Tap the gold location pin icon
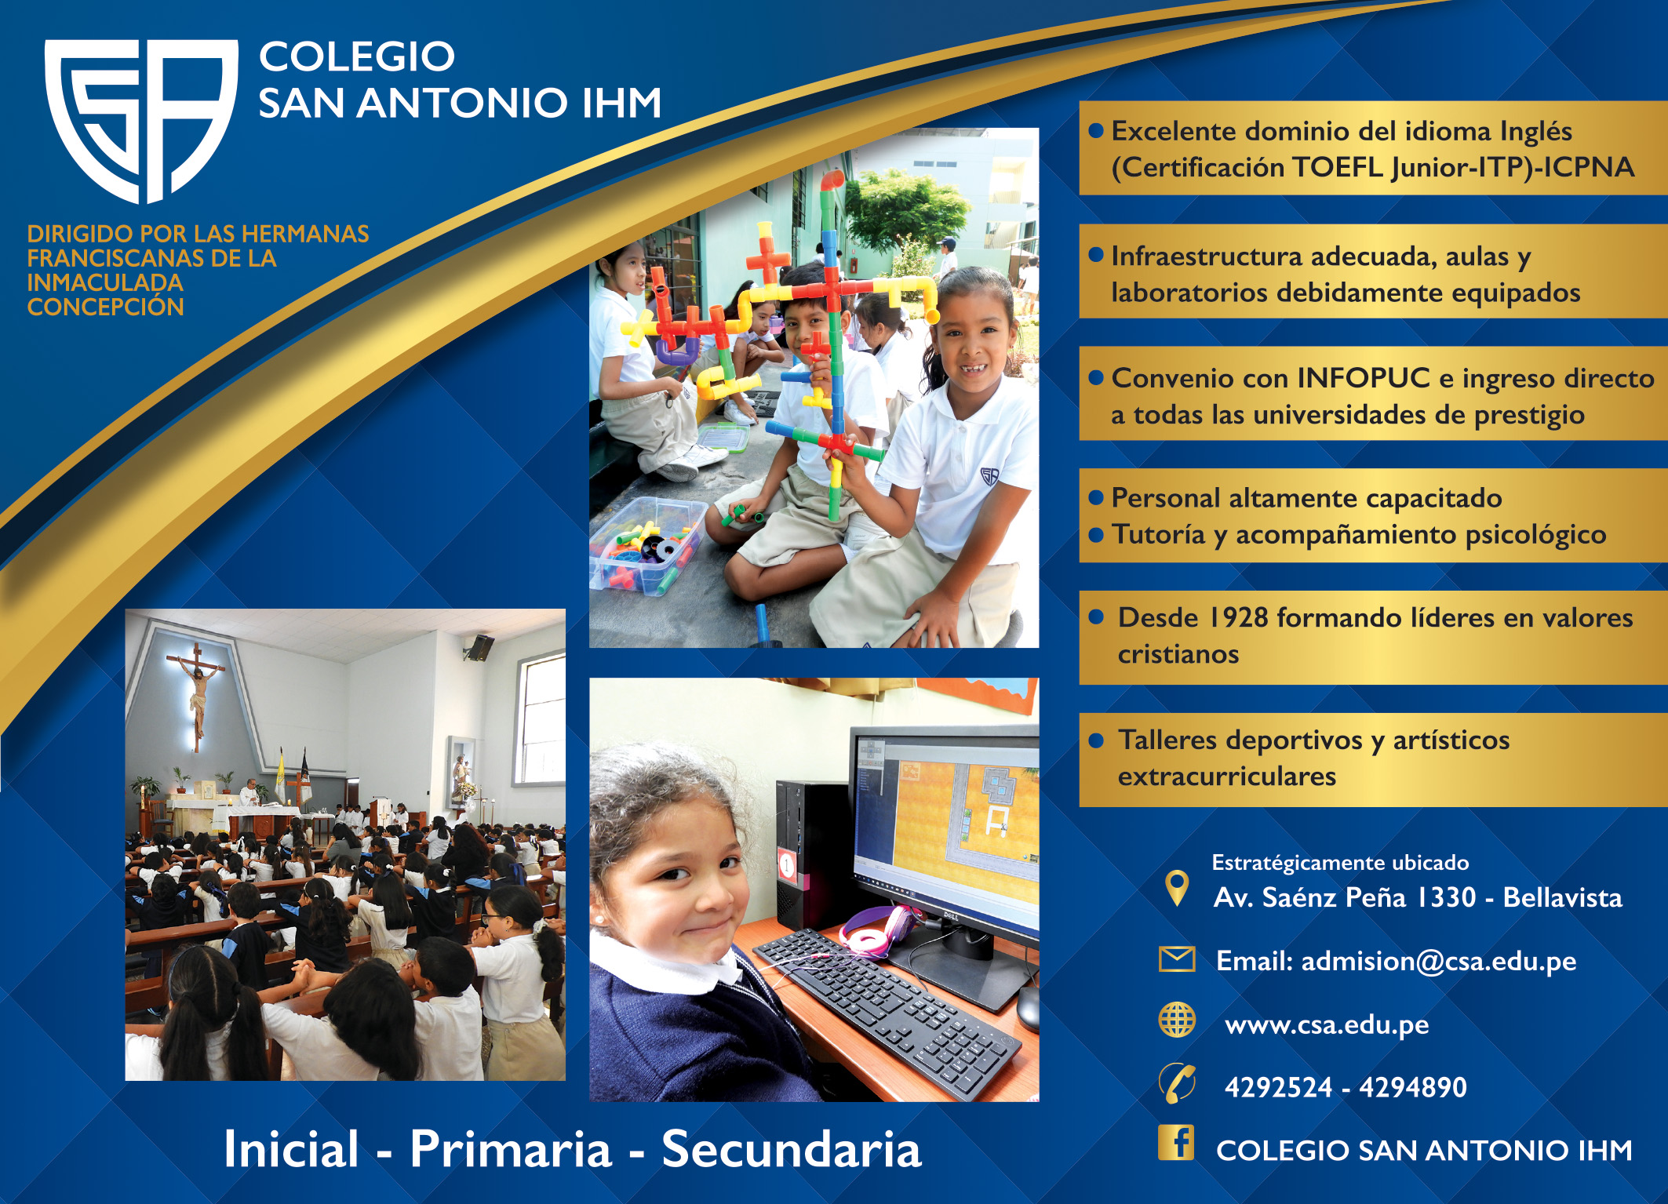[x=1176, y=888]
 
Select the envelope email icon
[x=1176, y=958]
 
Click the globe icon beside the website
[x=1176, y=1020]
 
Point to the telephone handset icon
[x=1177, y=1083]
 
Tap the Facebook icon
[x=1175, y=1142]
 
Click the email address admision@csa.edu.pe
[x=1438, y=961]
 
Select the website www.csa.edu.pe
[x=1327, y=1024]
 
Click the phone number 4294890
[x=1412, y=1087]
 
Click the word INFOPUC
[x=1364, y=378]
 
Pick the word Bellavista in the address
[x=1562, y=897]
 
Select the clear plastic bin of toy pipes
[x=647, y=545]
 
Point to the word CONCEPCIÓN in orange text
[x=105, y=307]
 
